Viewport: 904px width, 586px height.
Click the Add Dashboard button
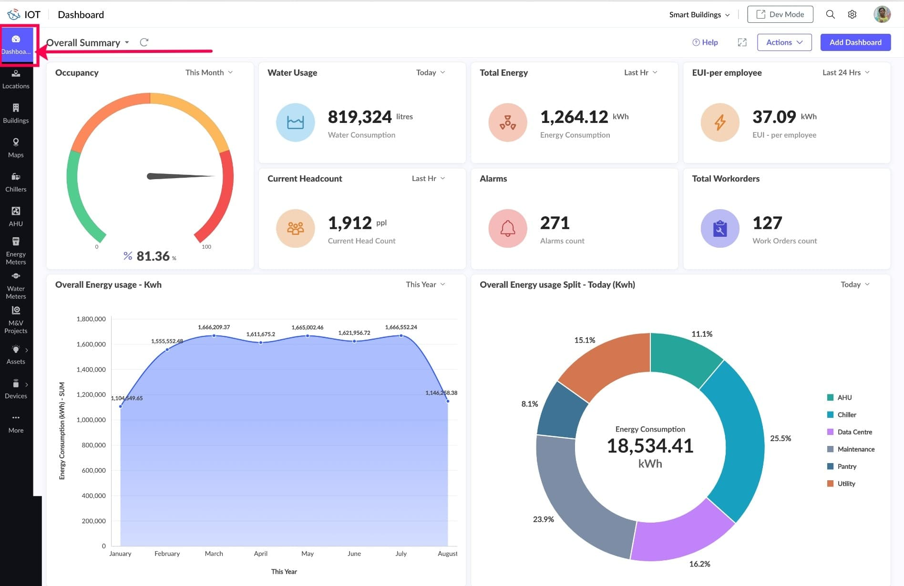click(855, 42)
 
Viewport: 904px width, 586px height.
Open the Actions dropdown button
click(784, 42)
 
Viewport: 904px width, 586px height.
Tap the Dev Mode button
click(780, 14)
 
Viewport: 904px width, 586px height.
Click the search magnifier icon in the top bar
click(830, 14)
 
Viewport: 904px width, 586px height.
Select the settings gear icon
click(852, 14)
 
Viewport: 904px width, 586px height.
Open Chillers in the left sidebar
click(16, 182)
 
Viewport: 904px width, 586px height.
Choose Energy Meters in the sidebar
click(16, 251)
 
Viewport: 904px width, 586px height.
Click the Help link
click(705, 42)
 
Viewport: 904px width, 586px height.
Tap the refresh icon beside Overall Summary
click(144, 42)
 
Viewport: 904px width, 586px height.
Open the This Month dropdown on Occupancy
click(209, 72)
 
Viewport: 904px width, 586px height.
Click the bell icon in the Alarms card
click(507, 228)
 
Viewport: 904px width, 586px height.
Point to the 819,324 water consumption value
click(360, 117)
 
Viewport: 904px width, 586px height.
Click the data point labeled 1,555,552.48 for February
click(167, 350)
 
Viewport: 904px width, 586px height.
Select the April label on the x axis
click(260, 554)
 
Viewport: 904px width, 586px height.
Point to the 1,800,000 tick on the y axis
click(91, 319)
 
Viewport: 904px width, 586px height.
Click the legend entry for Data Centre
click(854, 432)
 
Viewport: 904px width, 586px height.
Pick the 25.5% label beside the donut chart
click(780, 438)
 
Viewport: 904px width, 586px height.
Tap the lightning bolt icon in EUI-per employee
click(719, 122)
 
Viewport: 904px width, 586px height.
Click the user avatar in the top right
click(882, 14)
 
